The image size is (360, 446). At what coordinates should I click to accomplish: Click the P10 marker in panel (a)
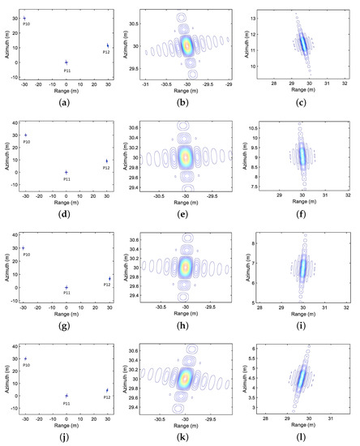pos(24,18)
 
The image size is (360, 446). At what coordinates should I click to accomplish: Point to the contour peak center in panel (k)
pos(186,377)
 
